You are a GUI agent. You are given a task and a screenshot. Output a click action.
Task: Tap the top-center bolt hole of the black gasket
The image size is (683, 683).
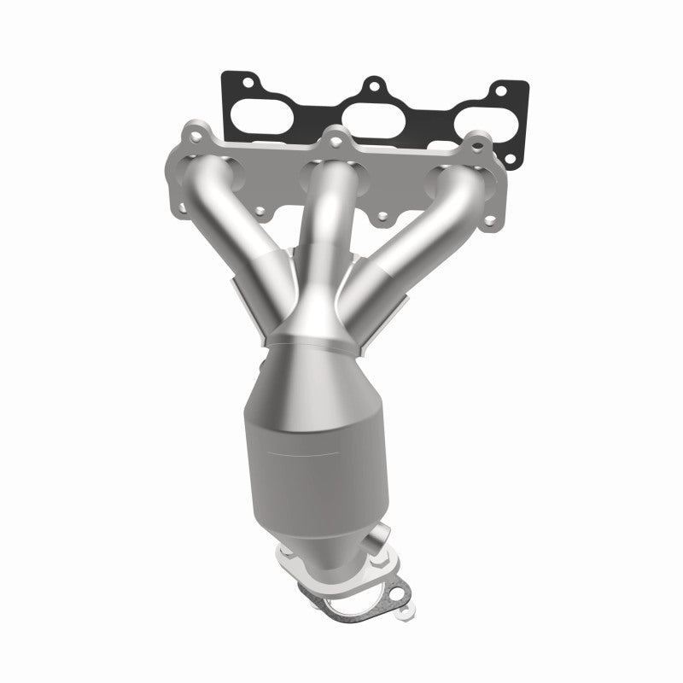point(372,85)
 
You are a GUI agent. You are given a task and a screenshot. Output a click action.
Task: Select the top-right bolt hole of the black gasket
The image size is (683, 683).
point(500,90)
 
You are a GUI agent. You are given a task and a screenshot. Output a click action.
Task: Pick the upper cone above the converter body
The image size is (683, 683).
point(316,376)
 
